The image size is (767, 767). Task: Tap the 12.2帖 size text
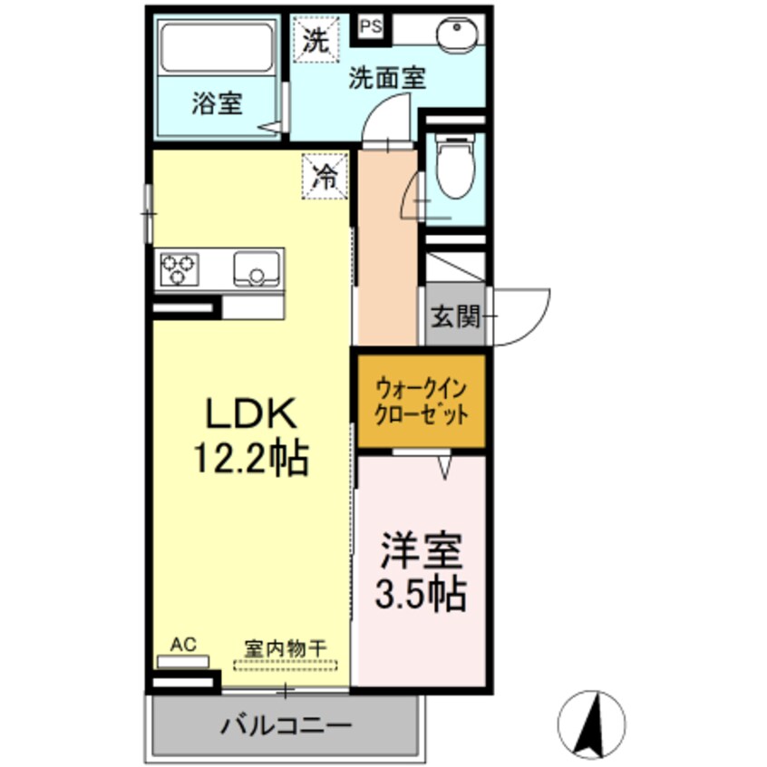(250, 459)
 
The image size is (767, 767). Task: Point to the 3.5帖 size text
(422, 594)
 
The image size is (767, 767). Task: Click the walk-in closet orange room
(421, 403)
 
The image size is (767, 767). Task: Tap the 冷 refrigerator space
(325, 175)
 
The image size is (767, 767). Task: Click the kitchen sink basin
(257, 269)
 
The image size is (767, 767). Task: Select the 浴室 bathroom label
(216, 103)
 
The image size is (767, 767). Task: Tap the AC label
(184, 645)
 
